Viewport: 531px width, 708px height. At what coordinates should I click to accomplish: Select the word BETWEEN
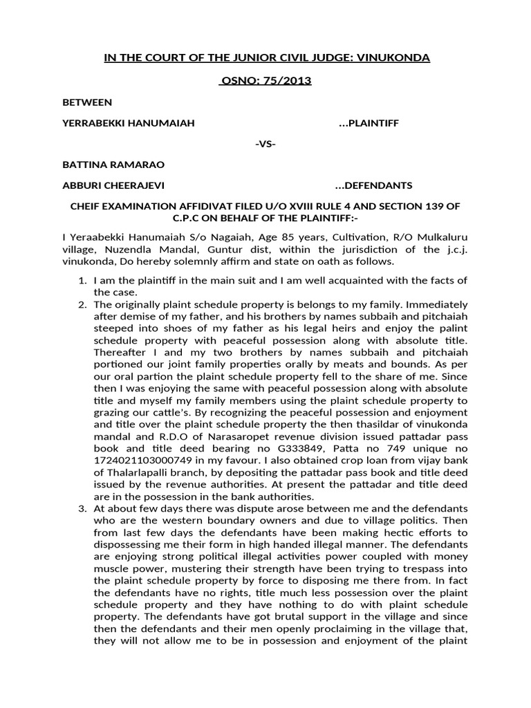[x=86, y=102]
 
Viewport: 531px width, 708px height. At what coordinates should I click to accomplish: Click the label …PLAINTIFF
[x=369, y=123]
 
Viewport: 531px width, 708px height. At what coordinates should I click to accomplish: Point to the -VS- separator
[x=265, y=144]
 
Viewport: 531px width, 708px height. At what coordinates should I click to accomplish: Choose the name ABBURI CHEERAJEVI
[x=113, y=185]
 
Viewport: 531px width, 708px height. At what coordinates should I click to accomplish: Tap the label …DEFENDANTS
[x=373, y=185]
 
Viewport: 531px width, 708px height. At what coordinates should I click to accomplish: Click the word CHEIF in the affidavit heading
[x=81, y=207]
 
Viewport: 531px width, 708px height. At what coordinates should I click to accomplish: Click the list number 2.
[x=81, y=304]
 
